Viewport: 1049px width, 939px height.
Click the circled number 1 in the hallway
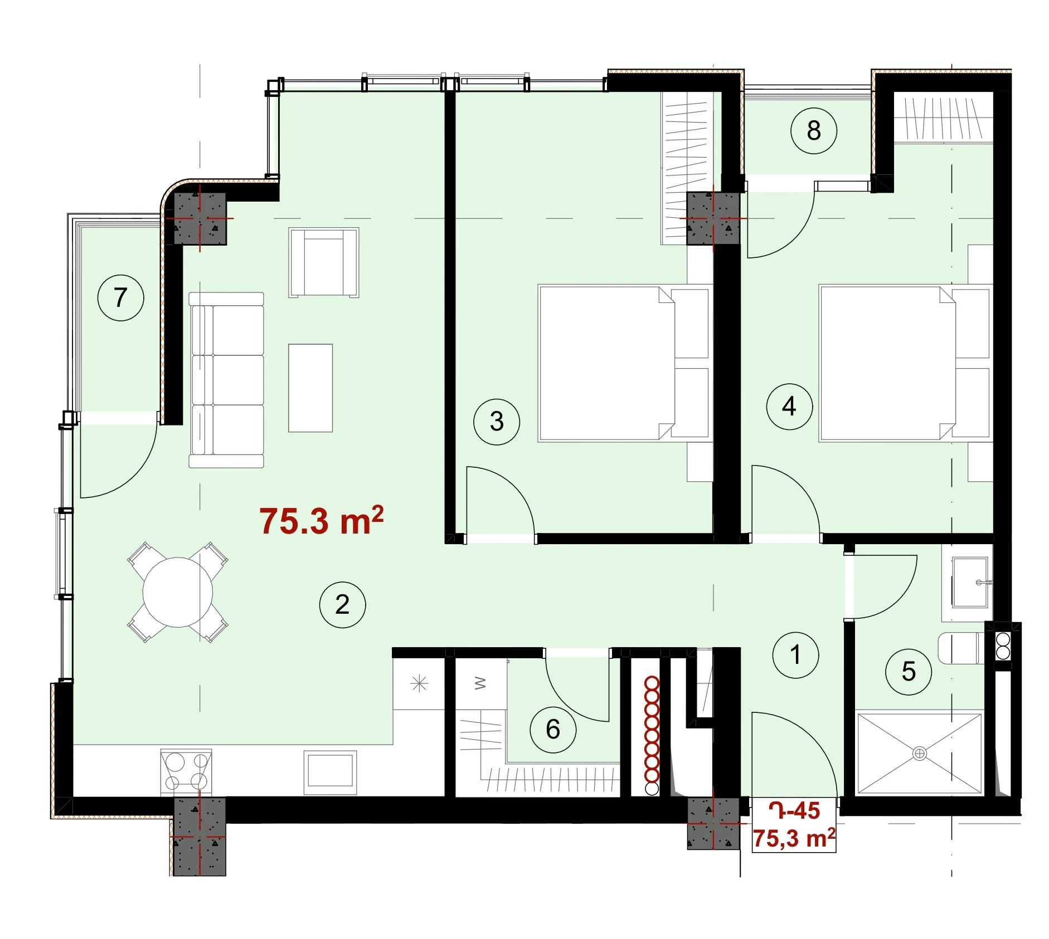tap(795, 654)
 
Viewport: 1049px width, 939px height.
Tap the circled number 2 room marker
tap(342, 604)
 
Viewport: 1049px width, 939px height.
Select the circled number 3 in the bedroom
tap(497, 421)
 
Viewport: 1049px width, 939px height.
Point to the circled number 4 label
tap(789, 406)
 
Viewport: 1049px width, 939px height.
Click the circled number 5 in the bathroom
tap(909, 672)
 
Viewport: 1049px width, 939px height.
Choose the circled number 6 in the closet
tap(553, 729)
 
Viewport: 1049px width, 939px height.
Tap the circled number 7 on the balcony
tap(120, 297)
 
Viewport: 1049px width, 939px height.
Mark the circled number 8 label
tap(814, 130)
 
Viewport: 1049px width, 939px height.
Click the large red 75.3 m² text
tap(322, 520)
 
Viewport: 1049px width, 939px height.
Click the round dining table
tap(178, 592)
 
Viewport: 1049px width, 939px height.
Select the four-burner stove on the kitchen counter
tap(186, 771)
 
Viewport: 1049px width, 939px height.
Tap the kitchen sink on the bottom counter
tap(330, 772)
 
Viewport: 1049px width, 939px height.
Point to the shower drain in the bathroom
tap(919, 754)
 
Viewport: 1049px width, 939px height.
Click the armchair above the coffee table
tap(324, 262)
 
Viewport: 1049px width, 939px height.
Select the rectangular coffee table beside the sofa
tap(310, 388)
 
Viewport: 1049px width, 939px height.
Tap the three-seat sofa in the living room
tap(226, 380)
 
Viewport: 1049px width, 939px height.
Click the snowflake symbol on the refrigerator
tap(419, 683)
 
